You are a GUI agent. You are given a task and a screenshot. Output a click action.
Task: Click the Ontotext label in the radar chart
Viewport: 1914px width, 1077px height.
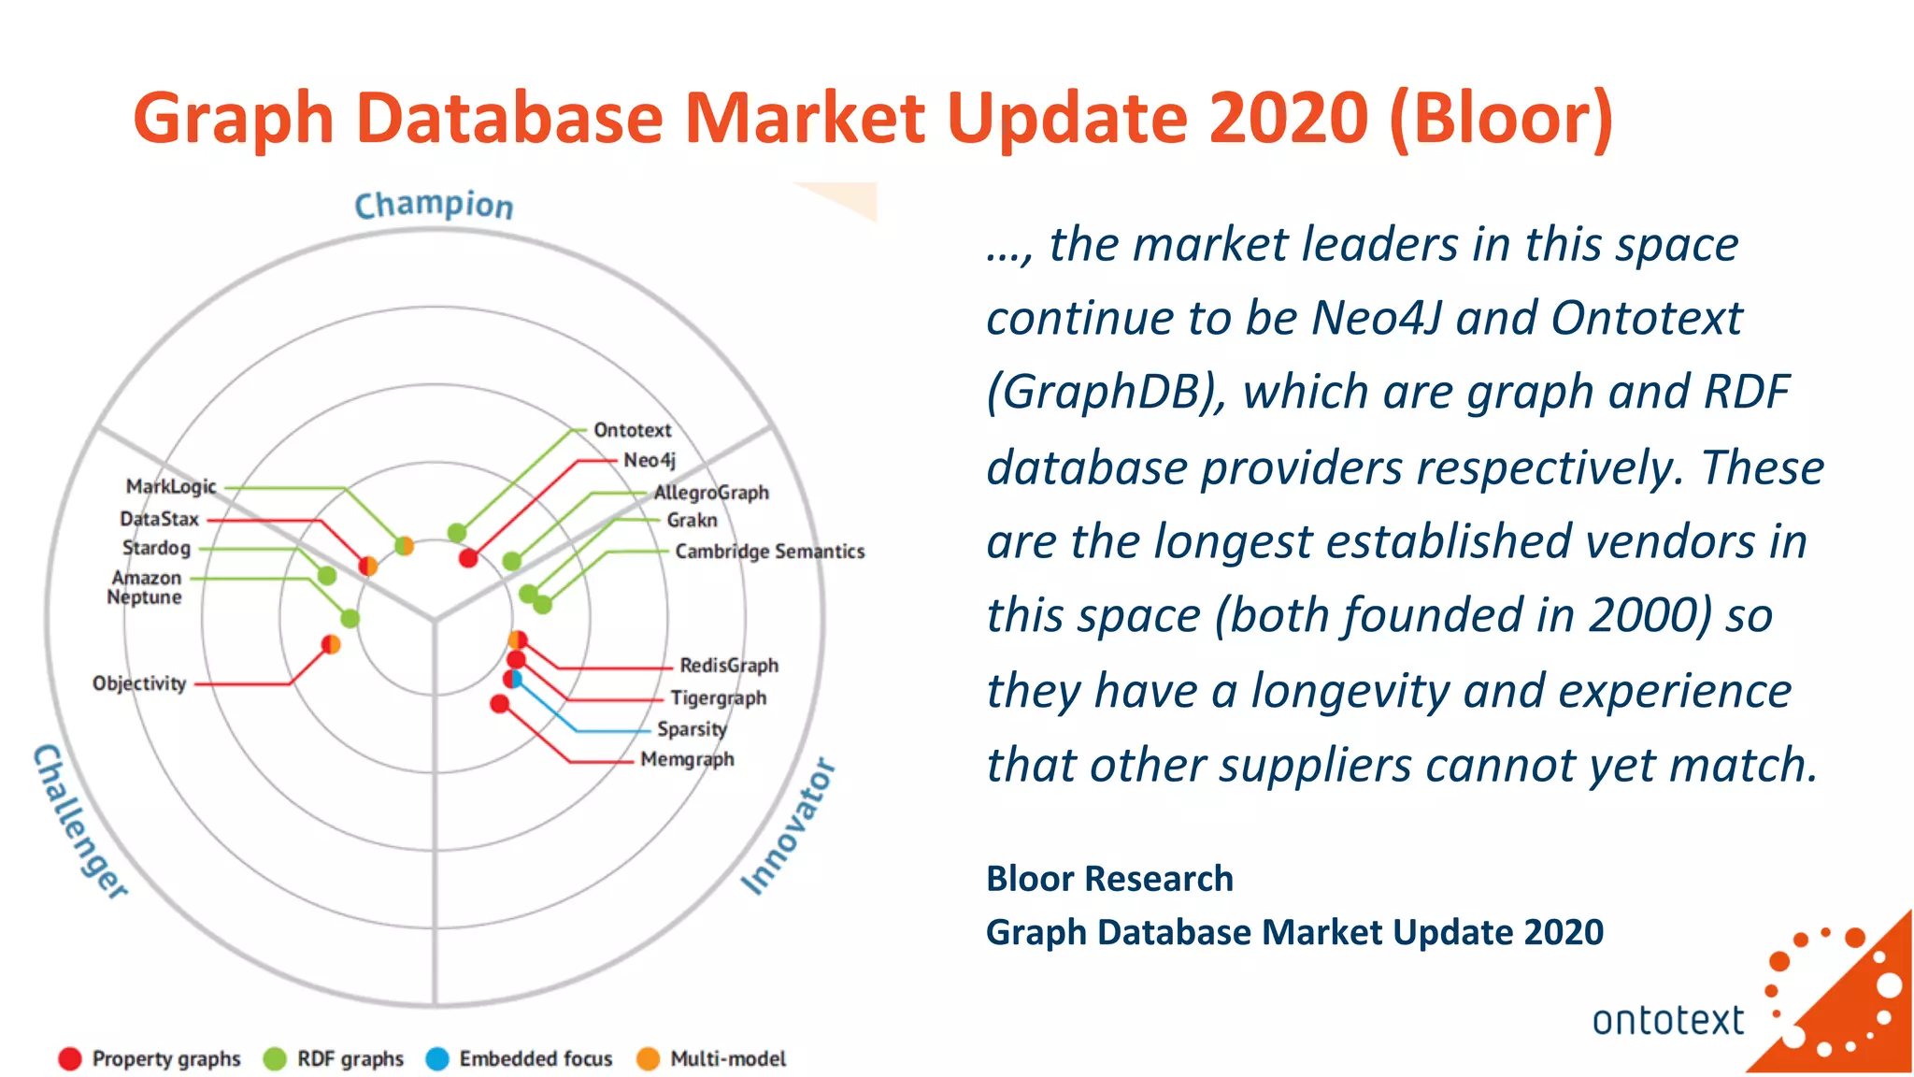point(632,430)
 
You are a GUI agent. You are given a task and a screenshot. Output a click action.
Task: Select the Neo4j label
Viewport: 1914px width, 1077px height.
point(649,460)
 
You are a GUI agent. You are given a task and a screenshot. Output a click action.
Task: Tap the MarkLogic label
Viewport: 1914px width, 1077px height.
point(171,486)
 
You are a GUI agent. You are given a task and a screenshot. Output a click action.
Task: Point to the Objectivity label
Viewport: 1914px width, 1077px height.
point(139,683)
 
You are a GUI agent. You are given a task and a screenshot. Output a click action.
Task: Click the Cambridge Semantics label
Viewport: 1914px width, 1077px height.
point(769,552)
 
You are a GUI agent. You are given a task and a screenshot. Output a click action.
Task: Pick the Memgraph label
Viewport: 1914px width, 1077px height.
point(687,759)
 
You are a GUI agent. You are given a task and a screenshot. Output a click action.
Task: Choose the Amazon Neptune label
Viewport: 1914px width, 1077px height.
point(145,588)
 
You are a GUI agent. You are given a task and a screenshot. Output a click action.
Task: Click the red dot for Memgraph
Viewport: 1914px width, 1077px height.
point(500,703)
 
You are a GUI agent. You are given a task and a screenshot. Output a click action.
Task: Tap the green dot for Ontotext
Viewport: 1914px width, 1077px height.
point(457,533)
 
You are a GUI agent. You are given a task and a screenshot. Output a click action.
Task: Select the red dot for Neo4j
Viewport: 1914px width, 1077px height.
point(468,558)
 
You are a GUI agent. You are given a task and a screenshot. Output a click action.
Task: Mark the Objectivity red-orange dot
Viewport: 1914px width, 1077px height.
point(331,644)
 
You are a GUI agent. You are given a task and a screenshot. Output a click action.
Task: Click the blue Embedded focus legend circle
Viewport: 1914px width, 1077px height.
point(436,1058)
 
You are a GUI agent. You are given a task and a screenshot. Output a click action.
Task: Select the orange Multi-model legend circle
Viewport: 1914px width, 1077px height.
point(648,1058)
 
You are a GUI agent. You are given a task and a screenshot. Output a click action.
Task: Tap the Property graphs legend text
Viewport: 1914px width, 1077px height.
point(166,1058)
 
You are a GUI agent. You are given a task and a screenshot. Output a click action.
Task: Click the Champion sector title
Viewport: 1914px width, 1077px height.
point(434,205)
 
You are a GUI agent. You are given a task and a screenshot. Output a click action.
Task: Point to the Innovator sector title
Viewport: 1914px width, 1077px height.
point(788,826)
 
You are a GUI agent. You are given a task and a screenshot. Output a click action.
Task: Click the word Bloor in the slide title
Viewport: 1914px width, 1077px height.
point(1501,119)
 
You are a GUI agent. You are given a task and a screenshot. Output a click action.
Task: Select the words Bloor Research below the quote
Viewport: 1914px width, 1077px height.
point(1109,879)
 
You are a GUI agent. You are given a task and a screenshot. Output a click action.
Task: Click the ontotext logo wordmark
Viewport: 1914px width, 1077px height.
point(1667,1020)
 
